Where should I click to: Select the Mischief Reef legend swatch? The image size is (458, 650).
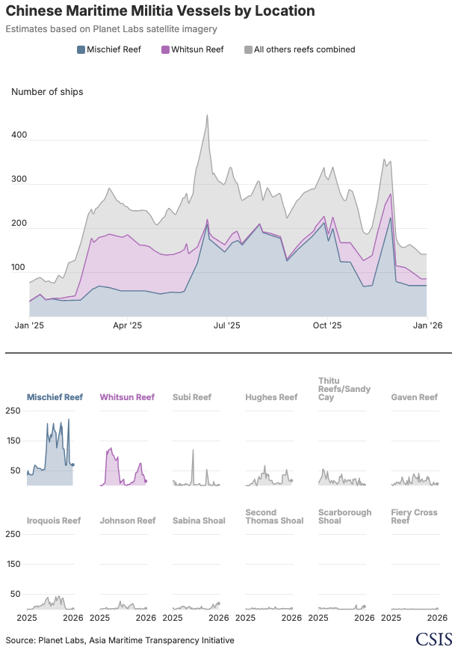[x=81, y=50]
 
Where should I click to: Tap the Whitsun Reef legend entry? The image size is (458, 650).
[x=192, y=50]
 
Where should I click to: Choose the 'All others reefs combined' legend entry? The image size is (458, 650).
[x=299, y=50]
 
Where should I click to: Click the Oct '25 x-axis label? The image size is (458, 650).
[x=327, y=326]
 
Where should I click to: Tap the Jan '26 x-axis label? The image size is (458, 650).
[x=426, y=326]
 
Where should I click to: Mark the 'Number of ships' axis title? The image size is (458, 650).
[x=47, y=92]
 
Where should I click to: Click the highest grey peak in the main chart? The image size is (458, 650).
[x=207, y=115]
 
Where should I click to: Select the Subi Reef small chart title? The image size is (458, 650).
[x=192, y=397]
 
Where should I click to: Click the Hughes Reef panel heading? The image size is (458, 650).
[x=271, y=397]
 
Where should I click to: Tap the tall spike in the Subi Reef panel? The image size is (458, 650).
[x=193, y=450]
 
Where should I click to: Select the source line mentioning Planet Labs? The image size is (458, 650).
[x=120, y=640]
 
